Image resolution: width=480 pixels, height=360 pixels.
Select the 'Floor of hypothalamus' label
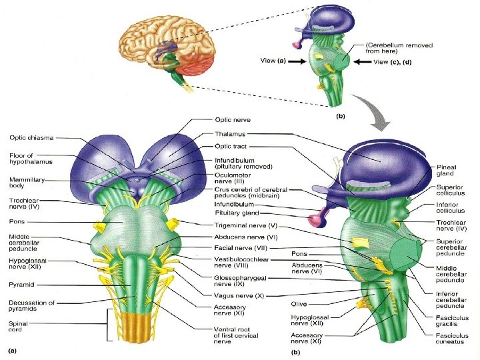[26, 158]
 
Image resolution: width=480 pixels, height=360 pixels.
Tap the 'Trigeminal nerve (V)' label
[247, 226]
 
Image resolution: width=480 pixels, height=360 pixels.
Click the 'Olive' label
[299, 303]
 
